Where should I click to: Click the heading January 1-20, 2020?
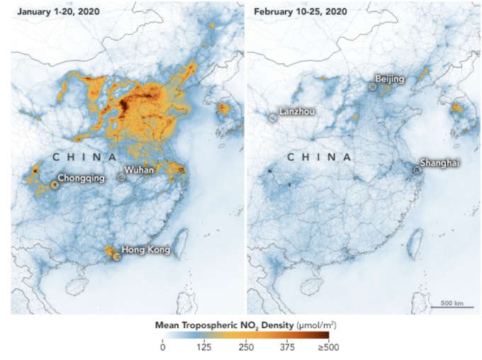58,13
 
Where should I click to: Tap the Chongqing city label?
80,178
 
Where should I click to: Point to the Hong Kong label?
145,249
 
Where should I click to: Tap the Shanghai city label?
439,163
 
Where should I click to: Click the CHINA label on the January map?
84,157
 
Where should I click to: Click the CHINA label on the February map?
319,157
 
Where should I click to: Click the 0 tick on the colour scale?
162,347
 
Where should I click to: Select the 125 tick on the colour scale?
206,347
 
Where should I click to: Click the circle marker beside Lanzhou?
273,118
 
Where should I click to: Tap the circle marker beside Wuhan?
121,177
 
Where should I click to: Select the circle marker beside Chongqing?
54,185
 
